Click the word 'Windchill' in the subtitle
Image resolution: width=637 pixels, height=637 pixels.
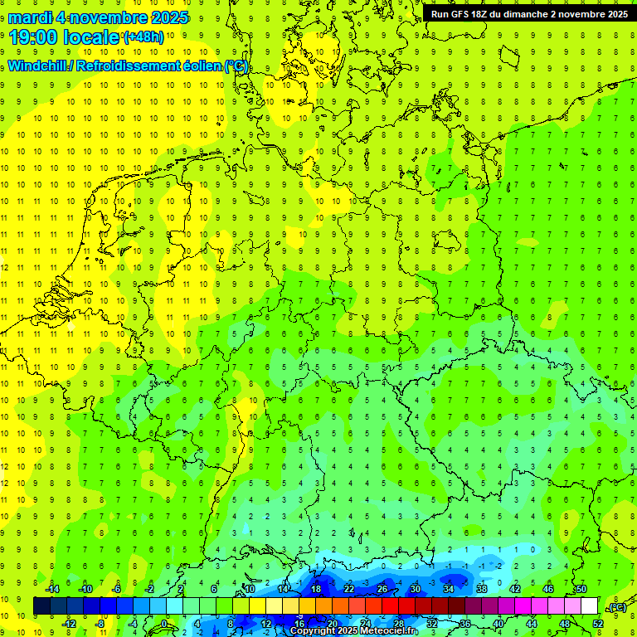[x=39, y=66]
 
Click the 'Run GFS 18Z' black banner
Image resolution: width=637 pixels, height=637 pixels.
[x=529, y=13]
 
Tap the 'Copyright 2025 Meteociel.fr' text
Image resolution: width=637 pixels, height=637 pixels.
[x=354, y=631]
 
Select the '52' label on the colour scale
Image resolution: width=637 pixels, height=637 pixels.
[x=597, y=623]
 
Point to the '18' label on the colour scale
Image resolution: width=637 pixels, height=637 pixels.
[x=315, y=589]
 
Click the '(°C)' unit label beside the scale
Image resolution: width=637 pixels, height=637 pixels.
[x=616, y=608]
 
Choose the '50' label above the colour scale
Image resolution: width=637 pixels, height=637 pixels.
[x=581, y=589]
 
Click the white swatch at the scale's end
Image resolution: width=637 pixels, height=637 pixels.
[x=589, y=605]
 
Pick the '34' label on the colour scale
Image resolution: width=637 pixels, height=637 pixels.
[x=448, y=589]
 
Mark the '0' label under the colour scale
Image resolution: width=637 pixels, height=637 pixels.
[x=164, y=623]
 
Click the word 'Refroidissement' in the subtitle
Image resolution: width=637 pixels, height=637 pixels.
[x=134, y=66]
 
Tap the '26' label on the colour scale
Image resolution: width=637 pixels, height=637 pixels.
[x=382, y=589]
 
